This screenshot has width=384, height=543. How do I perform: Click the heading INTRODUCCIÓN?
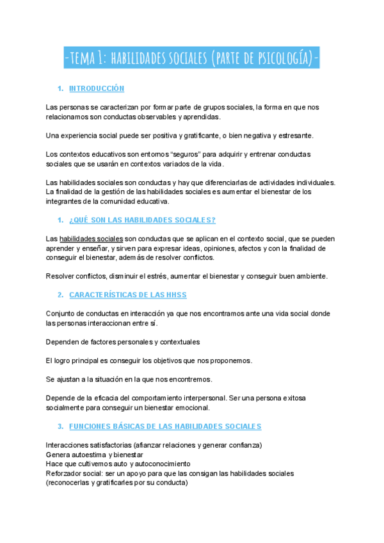tap(96, 88)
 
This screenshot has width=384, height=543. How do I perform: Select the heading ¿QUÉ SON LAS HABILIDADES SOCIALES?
tap(142, 220)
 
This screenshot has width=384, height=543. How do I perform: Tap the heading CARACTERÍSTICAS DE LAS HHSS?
tap(127, 295)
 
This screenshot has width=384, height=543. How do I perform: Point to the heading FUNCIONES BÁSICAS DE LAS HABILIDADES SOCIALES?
tap(165, 426)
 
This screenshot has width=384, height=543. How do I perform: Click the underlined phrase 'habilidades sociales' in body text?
tap(91, 239)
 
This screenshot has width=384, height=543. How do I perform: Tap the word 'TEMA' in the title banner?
tap(85, 60)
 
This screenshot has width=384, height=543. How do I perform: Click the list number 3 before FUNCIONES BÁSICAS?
tap(60, 426)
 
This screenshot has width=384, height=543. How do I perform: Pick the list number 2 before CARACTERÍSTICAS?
tap(60, 295)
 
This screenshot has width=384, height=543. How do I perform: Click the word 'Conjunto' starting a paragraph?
tap(62, 314)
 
